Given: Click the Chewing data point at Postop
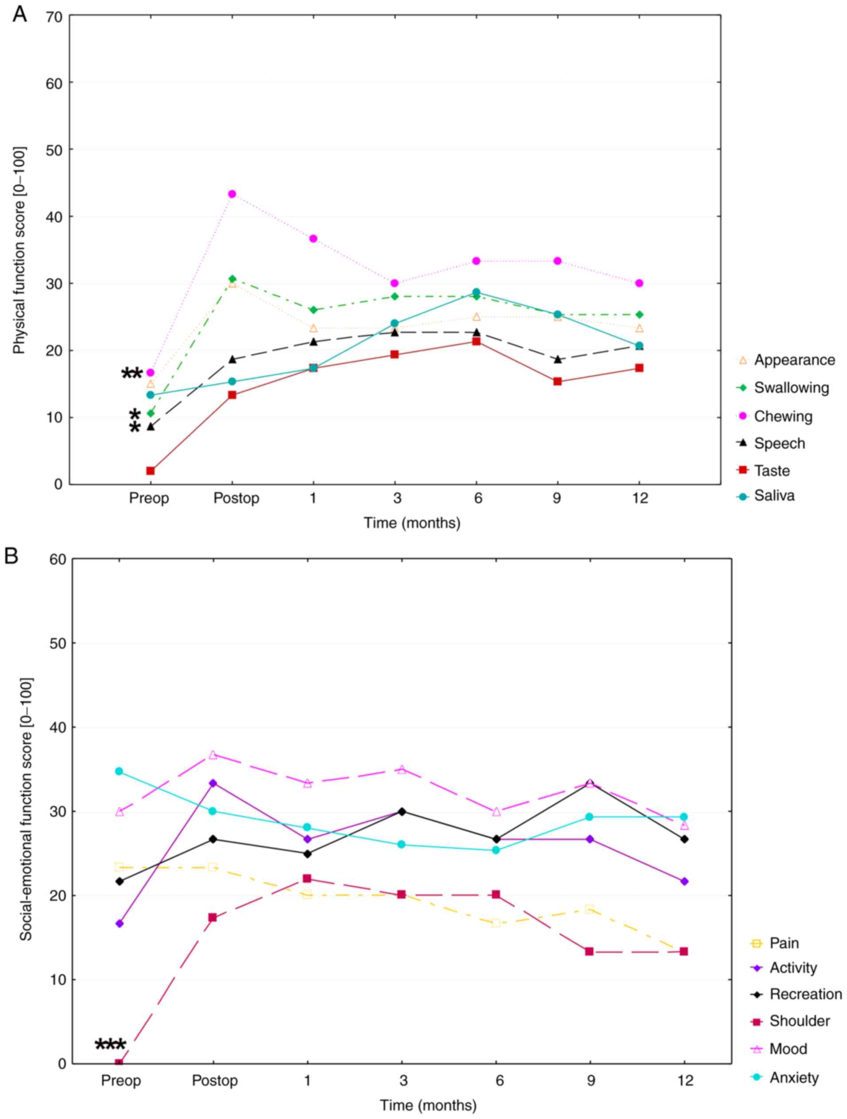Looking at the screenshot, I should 232,194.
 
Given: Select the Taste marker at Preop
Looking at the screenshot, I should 150,471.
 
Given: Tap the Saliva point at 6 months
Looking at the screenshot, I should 476,293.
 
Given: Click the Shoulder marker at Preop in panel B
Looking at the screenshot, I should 119,1063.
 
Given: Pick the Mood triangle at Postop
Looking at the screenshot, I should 213,755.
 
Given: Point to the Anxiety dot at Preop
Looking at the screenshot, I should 119,772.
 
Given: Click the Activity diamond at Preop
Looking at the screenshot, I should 120,924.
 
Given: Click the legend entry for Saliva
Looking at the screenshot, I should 774,496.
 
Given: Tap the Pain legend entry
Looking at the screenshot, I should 784,943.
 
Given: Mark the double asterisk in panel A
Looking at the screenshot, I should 131,374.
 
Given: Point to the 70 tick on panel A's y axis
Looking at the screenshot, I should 54,17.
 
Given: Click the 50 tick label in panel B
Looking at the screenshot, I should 58,644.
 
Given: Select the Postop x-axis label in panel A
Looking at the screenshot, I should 236,499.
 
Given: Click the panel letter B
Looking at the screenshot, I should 11,556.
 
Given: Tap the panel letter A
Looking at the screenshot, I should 20,14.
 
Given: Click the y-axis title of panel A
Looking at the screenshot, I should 19,251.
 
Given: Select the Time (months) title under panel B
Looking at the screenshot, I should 428,1106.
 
